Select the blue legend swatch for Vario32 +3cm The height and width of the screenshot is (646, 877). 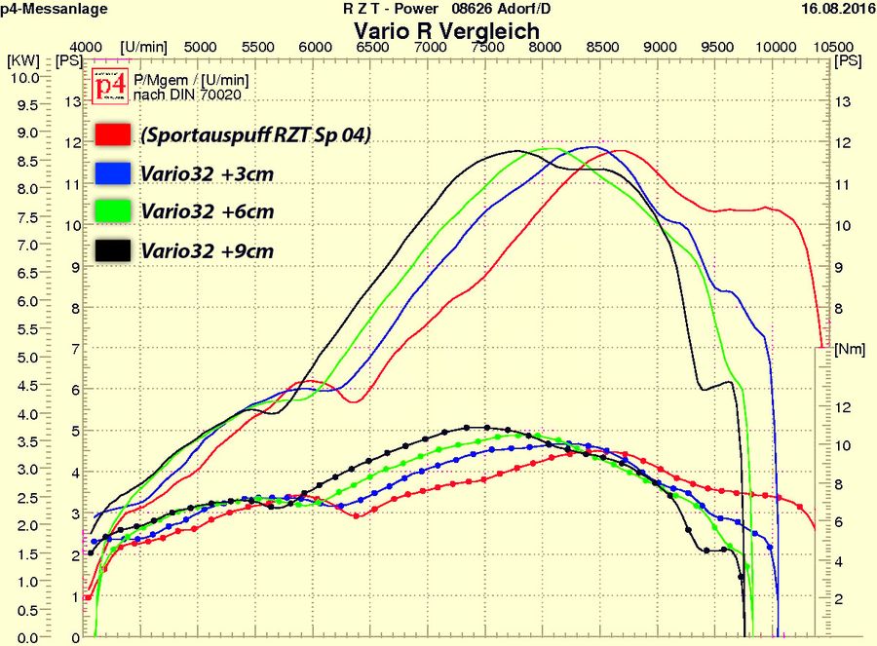tap(113, 173)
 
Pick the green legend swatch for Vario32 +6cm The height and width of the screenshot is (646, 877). tap(113, 211)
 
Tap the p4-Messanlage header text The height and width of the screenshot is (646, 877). tap(54, 9)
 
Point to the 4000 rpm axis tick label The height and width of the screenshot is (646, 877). tap(87, 47)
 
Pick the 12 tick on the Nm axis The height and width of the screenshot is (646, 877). tap(844, 406)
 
